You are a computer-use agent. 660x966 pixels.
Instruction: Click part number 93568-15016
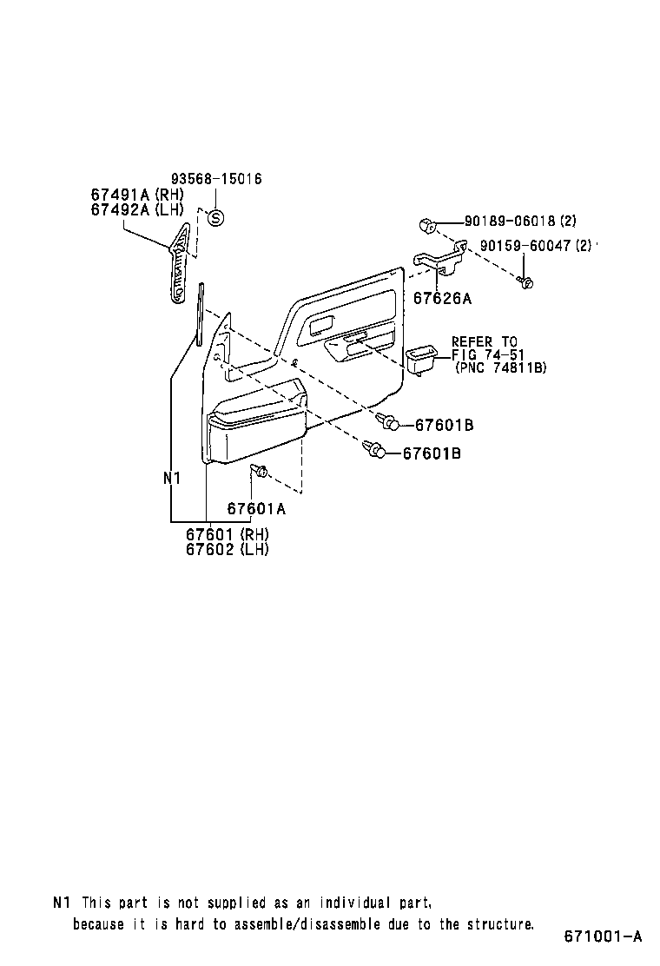(x=216, y=179)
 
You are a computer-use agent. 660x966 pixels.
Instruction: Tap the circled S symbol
(x=216, y=218)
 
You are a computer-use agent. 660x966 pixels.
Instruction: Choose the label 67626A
(x=441, y=299)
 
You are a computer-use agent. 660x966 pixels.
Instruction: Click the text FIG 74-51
(x=485, y=354)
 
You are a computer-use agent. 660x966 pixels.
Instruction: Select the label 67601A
(x=256, y=509)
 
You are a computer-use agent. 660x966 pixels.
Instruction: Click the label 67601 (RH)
(x=227, y=534)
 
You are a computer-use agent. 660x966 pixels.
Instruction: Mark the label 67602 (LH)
(x=227, y=549)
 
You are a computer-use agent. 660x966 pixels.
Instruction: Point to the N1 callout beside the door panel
(x=171, y=478)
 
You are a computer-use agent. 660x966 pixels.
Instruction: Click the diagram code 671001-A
(x=603, y=936)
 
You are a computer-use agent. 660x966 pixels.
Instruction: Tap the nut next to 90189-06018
(x=426, y=225)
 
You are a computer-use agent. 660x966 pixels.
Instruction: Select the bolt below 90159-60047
(x=525, y=281)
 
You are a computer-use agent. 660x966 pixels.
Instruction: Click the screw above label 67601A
(x=259, y=472)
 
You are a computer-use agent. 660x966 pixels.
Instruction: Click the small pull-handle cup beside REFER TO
(x=424, y=359)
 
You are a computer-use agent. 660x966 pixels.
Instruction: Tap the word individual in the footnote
(x=350, y=903)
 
